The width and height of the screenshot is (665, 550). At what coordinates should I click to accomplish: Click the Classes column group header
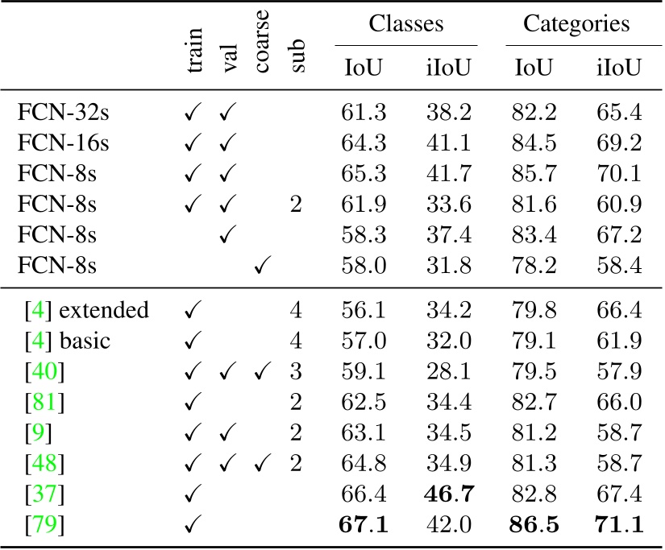406,24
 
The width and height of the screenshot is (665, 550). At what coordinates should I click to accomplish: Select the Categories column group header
576,24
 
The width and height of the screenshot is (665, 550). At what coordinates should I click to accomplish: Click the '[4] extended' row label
83,309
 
